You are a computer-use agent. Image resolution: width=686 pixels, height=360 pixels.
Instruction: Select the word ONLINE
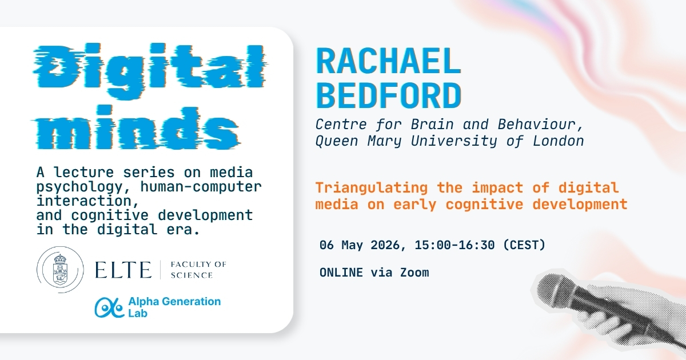[341, 273]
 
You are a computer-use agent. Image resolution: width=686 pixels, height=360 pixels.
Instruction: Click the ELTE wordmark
[124, 270]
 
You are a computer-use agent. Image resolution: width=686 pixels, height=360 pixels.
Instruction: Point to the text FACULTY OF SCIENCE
[198, 270]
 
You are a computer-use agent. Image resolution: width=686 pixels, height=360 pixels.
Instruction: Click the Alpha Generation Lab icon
[109, 307]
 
